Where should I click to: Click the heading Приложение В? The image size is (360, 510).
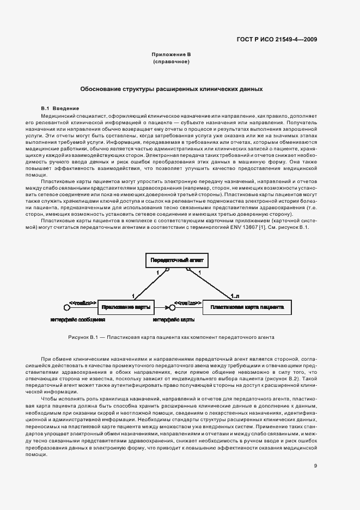coord(171,56)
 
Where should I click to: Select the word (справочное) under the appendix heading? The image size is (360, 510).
coord(171,63)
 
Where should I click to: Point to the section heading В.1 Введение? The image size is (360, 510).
coord(60,108)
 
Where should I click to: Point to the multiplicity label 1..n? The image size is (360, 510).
coord(235,296)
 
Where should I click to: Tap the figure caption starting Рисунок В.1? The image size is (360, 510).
coord(171,337)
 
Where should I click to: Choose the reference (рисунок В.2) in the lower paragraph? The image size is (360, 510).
coord(283,378)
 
